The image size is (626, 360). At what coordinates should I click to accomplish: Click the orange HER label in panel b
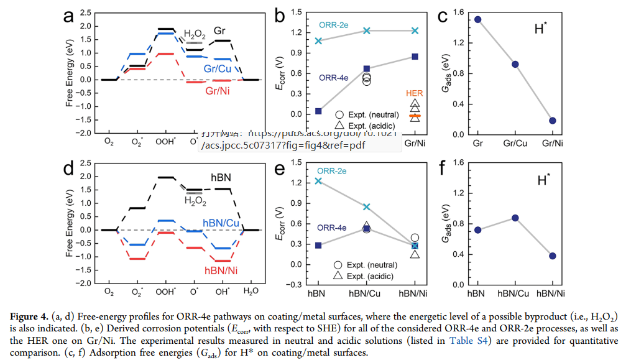[x=415, y=93]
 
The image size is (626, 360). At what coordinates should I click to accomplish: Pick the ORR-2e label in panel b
[x=334, y=24]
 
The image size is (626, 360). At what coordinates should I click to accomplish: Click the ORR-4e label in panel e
[x=333, y=228]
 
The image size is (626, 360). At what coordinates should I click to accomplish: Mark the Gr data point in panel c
[x=478, y=19]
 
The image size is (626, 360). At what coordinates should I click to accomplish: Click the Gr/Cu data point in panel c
[x=515, y=64]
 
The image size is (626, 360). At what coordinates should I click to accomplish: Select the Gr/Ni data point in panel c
[x=553, y=121]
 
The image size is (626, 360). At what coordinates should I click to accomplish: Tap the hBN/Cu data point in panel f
[x=515, y=218]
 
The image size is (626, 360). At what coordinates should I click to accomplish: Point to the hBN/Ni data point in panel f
[x=553, y=256]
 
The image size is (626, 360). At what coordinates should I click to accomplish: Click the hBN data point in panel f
[x=478, y=230]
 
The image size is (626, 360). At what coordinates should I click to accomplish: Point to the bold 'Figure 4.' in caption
[x=28, y=318]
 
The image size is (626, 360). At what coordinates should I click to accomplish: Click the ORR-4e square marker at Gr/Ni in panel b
[x=415, y=57]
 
